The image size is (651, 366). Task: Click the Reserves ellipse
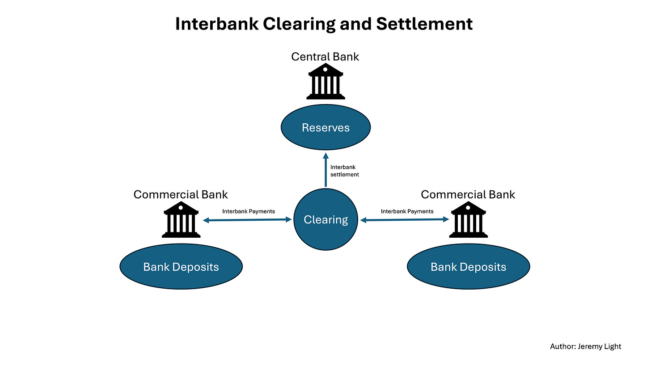pos(325,127)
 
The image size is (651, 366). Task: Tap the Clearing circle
pos(325,219)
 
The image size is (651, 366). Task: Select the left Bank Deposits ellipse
pos(181,267)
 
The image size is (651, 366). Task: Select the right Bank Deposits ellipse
pos(468,267)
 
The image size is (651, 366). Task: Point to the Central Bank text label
pos(325,57)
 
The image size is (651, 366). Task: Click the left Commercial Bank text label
pos(181,195)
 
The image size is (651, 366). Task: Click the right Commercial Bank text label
pos(468,195)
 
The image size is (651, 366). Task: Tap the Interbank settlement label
pos(344,171)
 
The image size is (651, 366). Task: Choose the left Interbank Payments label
pos(249,211)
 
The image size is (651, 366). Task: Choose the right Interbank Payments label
pos(407,211)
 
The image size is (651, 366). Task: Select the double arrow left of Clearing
pos(247,220)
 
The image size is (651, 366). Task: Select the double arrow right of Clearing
pos(404,220)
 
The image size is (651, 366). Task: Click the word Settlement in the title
pos(424,24)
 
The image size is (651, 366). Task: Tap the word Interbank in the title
pos(216,24)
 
